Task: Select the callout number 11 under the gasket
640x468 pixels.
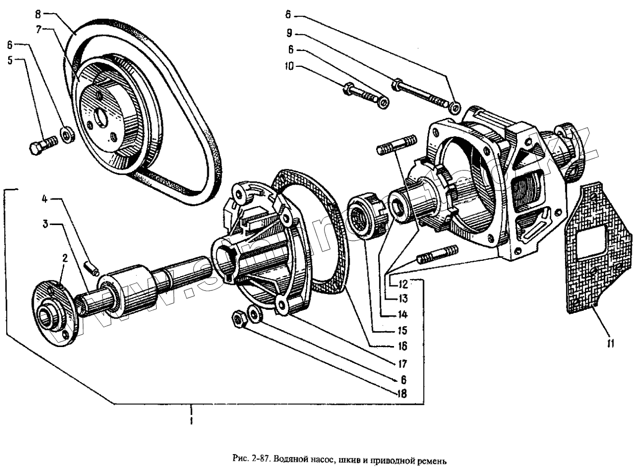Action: pos(610,343)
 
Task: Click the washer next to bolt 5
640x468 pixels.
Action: pos(66,136)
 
